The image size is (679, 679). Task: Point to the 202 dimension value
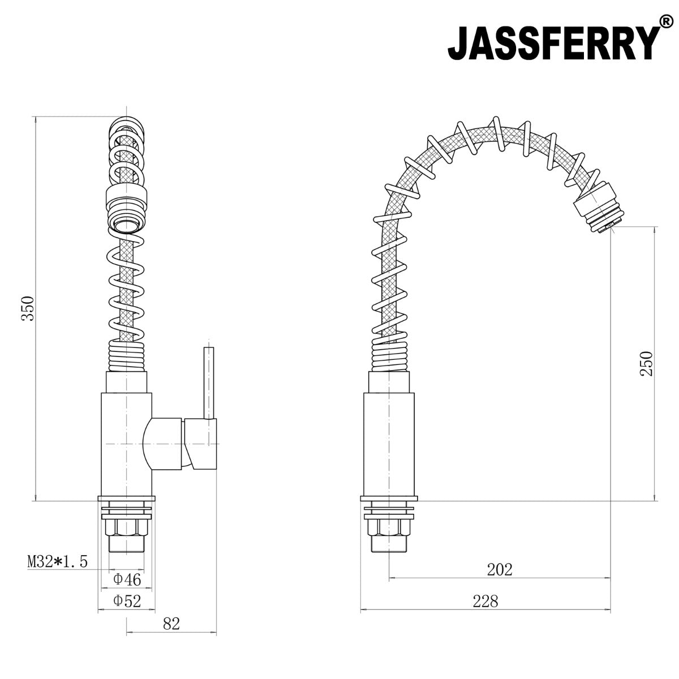click(x=499, y=569)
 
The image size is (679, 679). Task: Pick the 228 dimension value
click(x=485, y=601)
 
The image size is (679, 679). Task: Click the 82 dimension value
click(x=170, y=624)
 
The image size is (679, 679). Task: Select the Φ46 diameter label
click(x=127, y=579)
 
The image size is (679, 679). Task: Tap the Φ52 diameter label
click(x=127, y=600)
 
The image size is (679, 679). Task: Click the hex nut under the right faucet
click(x=389, y=527)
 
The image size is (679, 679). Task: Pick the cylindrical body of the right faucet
click(x=389, y=441)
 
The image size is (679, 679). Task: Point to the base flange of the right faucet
click(x=389, y=498)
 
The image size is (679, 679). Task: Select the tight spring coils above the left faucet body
click(x=127, y=356)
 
